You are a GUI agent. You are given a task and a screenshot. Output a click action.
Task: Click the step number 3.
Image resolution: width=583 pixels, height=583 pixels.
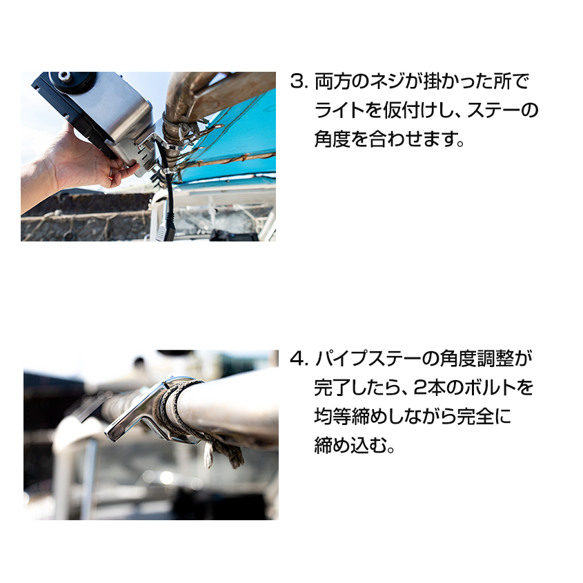coord(298,82)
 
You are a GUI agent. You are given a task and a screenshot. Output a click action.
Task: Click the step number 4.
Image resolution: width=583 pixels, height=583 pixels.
coord(298,359)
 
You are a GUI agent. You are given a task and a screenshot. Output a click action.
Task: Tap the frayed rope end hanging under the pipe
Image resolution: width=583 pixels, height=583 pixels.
coord(208,455)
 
